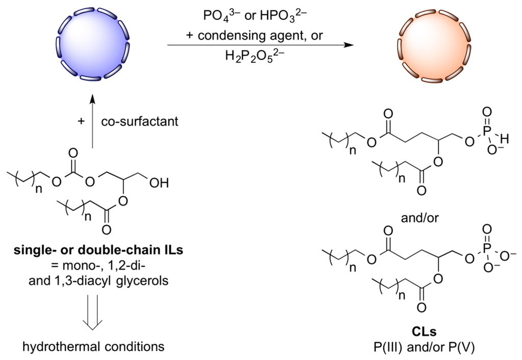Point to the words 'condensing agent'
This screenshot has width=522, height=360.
275,36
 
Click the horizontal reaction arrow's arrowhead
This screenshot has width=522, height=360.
349,46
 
